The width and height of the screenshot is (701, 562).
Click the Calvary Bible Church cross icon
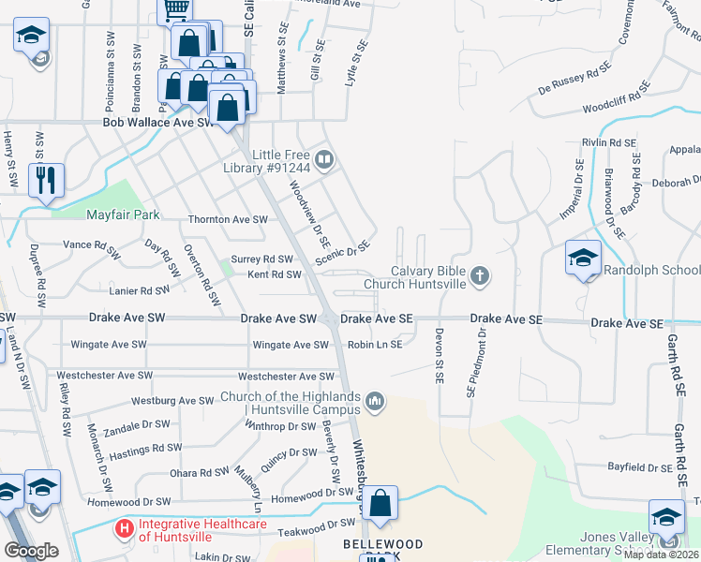[x=480, y=275]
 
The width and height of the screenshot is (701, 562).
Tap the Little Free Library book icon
[x=323, y=160]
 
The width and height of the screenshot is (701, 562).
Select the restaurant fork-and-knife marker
[x=46, y=179]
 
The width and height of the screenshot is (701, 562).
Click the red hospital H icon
[x=124, y=529]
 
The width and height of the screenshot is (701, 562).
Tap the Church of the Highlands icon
[x=375, y=402]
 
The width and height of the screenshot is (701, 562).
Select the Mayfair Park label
[x=124, y=214]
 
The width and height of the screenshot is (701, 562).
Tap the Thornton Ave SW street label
[x=229, y=219]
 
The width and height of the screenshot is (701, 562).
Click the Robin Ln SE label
[x=375, y=345]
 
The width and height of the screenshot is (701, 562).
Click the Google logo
[x=31, y=550]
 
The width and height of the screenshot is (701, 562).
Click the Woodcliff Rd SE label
[x=617, y=100]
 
